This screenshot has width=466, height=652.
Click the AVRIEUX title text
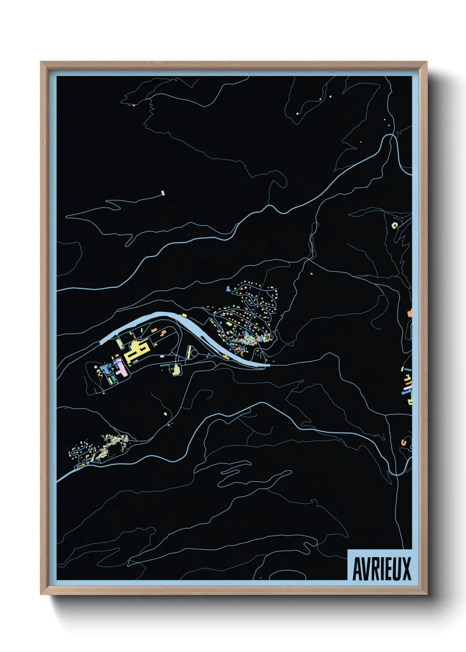(381, 568)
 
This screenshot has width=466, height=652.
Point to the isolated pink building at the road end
(163, 193)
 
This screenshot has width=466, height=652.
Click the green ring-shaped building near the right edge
(394, 225)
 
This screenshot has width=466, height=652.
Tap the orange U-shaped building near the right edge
(404, 441)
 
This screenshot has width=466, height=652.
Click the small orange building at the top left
(134, 105)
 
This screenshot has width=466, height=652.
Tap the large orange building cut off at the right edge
(410, 313)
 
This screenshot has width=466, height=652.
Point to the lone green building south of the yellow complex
(166, 414)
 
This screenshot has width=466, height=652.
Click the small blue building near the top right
(389, 126)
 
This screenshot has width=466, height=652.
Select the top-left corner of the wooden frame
(41, 63)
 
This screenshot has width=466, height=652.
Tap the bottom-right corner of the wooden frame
(426, 594)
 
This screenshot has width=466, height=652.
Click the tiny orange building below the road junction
(311, 274)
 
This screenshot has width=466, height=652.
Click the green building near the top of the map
(330, 96)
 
